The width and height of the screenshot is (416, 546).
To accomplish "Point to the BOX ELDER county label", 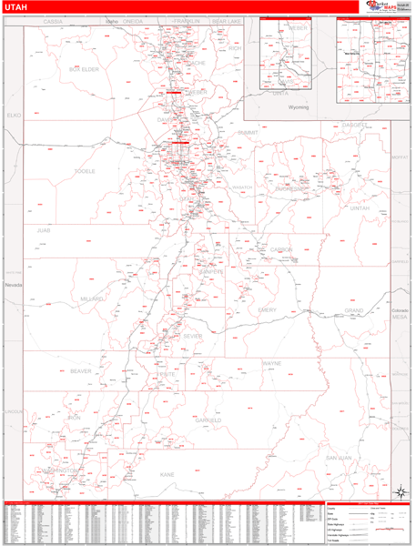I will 84,69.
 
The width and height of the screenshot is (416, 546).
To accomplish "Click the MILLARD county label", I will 92,298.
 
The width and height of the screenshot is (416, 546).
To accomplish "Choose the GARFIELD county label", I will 208,420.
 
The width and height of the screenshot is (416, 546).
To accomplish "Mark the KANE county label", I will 167,474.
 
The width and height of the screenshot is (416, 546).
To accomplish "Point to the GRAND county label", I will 353,310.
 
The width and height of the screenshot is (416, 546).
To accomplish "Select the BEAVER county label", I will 80,371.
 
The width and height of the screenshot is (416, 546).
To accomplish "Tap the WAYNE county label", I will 272,363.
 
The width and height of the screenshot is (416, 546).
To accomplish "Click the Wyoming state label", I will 299,107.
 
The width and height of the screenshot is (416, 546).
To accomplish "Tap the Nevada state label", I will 14,285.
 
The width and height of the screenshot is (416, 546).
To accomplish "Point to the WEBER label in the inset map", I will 298,28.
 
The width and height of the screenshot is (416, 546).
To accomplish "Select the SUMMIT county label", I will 248,133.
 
